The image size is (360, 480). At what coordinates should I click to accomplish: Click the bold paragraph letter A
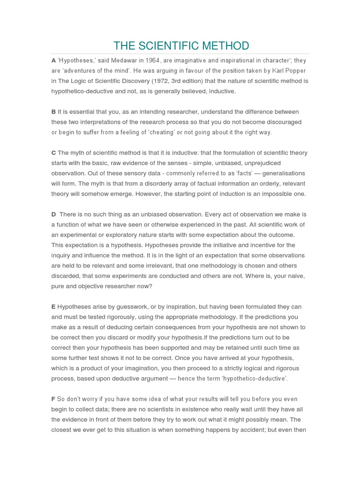pos(53,60)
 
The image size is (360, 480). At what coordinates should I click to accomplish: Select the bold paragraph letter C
pos(53,153)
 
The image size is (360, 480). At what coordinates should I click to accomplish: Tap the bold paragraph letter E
pos(53,307)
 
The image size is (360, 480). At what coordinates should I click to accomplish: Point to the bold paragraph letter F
pos(53,399)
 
